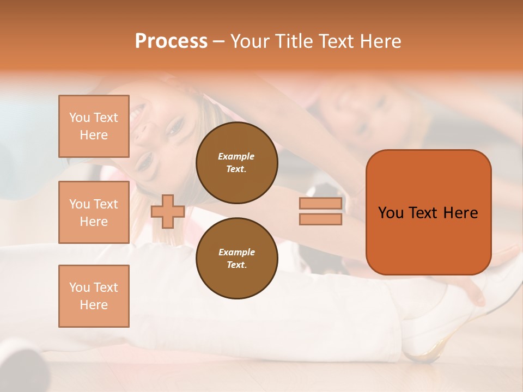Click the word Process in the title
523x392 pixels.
tap(171, 41)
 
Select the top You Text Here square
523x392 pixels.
tap(94, 126)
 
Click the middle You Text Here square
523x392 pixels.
tap(94, 212)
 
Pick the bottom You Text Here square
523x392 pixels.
tap(94, 296)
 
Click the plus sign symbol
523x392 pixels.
tap(167, 211)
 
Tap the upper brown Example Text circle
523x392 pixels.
tap(236, 163)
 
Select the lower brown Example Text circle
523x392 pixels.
tap(236, 259)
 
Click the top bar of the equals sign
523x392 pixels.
tap(320, 204)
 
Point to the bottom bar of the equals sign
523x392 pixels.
tap(320, 219)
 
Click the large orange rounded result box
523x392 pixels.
tap(428, 212)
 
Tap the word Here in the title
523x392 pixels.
tap(381, 41)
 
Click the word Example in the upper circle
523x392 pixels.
tap(236, 156)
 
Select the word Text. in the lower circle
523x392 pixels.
tap(236, 265)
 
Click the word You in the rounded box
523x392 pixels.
tap(391, 213)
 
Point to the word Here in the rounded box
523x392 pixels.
tap(460, 213)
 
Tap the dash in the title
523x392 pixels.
tap(218, 41)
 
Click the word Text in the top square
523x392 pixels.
tap(105, 118)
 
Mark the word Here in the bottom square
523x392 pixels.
tap(94, 305)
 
